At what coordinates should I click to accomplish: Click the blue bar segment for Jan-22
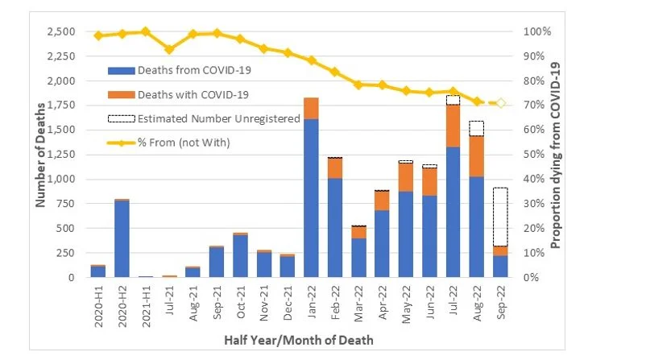point(312,197)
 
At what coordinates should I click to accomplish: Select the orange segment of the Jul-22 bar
point(453,126)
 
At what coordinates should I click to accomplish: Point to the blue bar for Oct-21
point(240,256)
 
